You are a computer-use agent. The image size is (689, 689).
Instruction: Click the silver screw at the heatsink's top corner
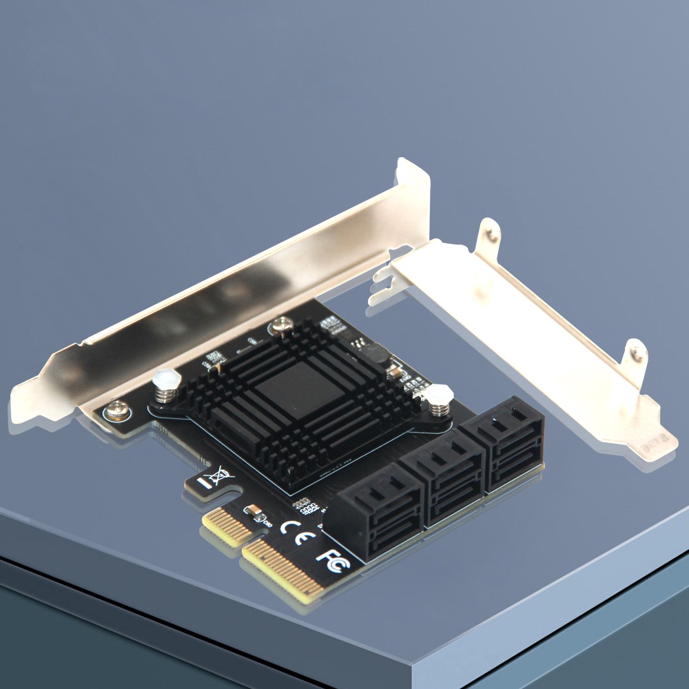click(x=280, y=324)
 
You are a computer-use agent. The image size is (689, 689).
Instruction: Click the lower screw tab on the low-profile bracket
click(x=635, y=353)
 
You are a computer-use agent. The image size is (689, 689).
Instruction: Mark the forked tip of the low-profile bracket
click(x=381, y=284)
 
